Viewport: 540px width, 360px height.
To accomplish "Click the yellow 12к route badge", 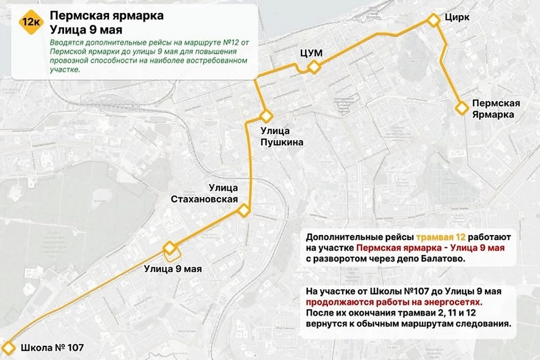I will click(29, 23).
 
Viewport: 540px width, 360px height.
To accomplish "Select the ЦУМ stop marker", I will click(313, 67).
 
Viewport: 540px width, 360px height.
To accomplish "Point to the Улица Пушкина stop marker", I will click(266, 116).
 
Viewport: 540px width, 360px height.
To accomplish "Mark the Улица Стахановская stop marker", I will click(244, 211).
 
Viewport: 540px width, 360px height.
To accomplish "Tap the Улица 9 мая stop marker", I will click(169, 248).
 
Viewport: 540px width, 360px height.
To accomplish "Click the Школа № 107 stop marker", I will click(8, 347).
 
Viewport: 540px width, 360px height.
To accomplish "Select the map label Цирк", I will click(457, 17).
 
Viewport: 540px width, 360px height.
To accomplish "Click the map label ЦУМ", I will click(310, 52).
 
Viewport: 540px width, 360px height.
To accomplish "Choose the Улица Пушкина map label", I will click(281, 137).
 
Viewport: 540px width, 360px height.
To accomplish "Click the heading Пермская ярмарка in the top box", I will click(107, 16).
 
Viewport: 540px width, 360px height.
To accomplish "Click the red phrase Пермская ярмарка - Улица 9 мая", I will click(430, 247).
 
